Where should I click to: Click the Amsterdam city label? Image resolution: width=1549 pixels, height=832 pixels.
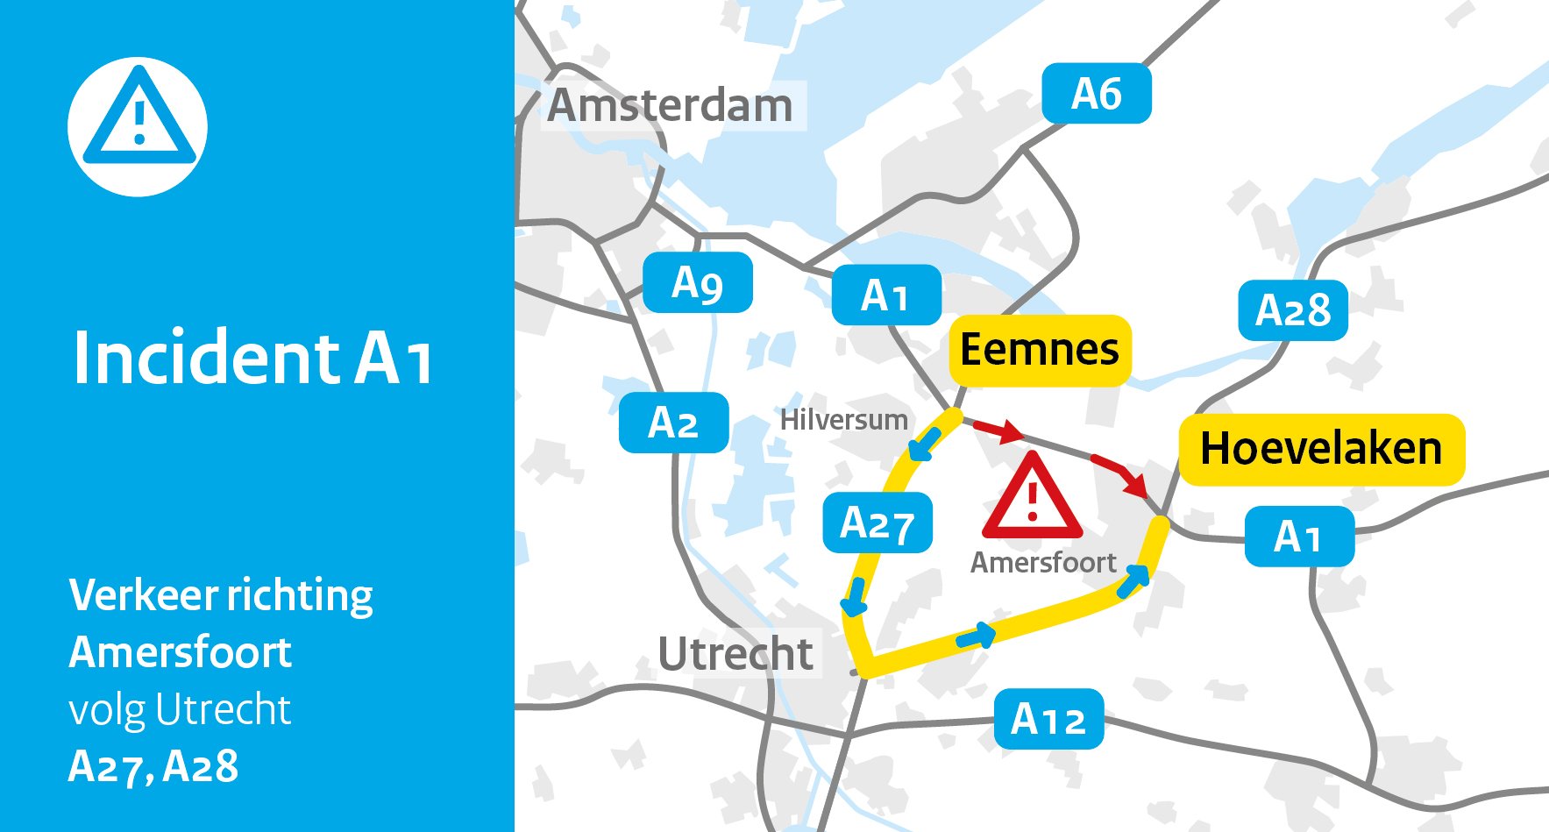coord(671,106)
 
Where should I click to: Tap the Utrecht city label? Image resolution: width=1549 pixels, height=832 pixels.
coord(735,654)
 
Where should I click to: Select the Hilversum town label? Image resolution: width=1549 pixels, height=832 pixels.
coord(843,420)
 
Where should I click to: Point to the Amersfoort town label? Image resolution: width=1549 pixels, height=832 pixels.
coord(1043,562)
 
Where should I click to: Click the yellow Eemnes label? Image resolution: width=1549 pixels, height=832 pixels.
coord(1040,350)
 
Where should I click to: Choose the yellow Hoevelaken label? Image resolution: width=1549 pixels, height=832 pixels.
coord(1320,449)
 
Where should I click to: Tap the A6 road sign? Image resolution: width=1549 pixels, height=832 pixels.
coord(1096,94)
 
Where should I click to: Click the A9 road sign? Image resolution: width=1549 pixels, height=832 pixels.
coord(698,283)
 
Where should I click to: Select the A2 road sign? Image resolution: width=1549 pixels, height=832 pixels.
coord(673,423)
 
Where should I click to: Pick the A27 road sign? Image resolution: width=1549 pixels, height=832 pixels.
coord(877,523)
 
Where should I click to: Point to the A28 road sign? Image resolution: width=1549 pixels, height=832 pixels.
coord(1292,310)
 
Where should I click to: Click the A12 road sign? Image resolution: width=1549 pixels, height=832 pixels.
coord(1048,719)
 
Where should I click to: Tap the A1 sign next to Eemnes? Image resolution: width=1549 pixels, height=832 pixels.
coord(886,295)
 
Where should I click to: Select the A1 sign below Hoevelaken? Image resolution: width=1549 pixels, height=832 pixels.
coord(1298,537)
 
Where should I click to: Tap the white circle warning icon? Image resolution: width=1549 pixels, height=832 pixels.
coord(139,126)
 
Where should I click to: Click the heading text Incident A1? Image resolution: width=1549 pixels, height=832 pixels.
coord(252,358)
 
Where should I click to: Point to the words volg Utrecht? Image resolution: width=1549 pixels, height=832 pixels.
coord(180,709)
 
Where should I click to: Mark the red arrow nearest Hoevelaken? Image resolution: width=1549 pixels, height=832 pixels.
coord(1121,473)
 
